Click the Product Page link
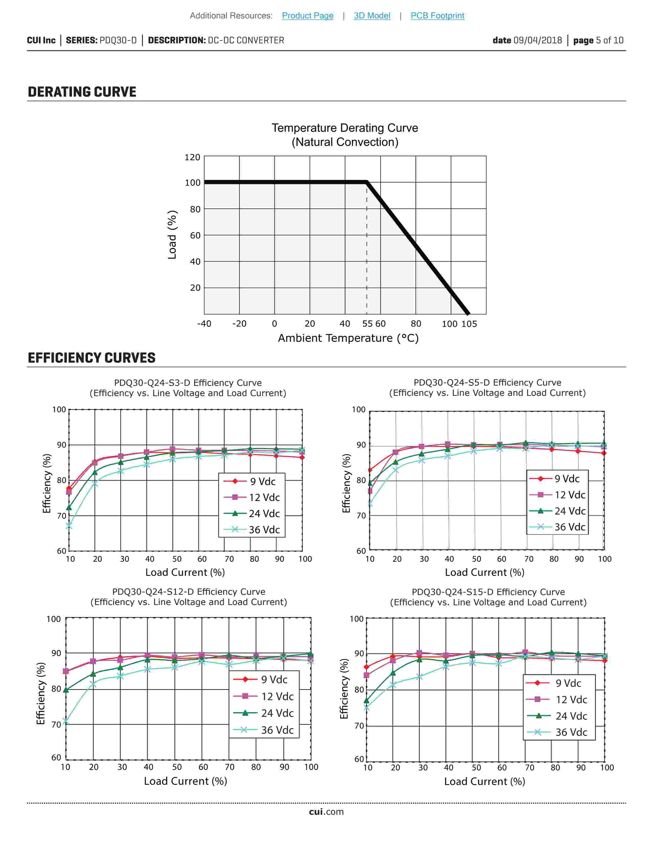308,16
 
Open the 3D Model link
372,16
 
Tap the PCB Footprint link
437,16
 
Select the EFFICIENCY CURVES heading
92,358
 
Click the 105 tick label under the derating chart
469,324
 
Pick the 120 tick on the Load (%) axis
192,157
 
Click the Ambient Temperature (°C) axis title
348,338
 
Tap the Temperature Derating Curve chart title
345,128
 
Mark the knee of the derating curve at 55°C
366,182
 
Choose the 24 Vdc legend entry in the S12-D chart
264,713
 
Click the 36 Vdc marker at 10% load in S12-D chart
66,721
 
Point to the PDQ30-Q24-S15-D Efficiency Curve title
488,592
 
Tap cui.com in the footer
326,812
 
